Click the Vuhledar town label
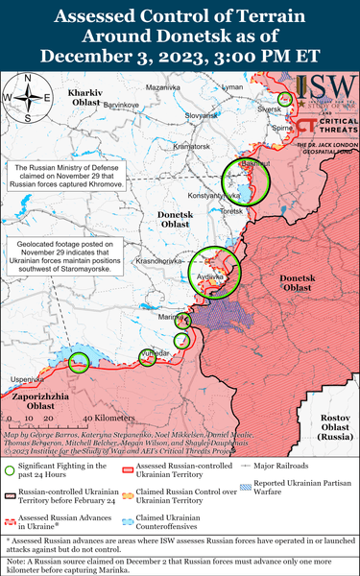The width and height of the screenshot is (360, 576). pyautogui.click(x=156, y=354)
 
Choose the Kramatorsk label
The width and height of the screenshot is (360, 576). pyautogui.click(x=191, y=145)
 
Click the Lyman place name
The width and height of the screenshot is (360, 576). pyautogui.click(x=232, y=86)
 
